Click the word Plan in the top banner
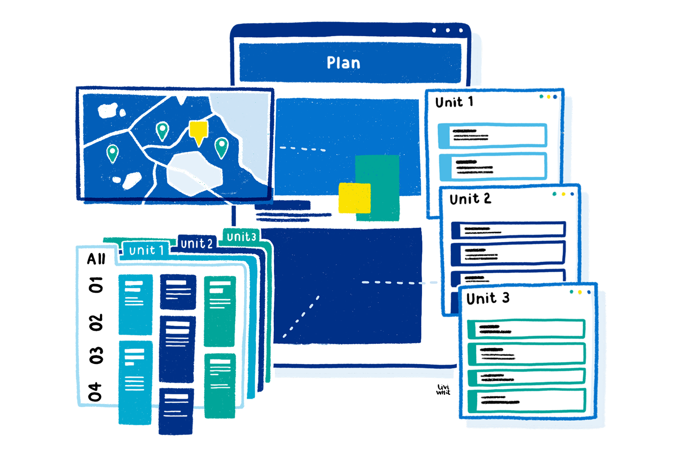tap(343, 63)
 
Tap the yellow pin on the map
tap(198, 131)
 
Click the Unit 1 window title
tap(454, 102)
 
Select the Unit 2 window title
tap(470, 199)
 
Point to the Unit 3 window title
tap(488, 298)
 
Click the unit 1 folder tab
tap(146, 250)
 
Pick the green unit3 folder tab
tap(241, 237)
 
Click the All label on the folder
tap(96, 259)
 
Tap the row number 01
tap(96, 285)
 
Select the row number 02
tap(96, 322)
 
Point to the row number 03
tap(96, 356)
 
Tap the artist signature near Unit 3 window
tap(443, 390)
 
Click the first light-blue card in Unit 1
tap(492, 135)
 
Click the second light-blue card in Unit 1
tap(492, 167)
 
